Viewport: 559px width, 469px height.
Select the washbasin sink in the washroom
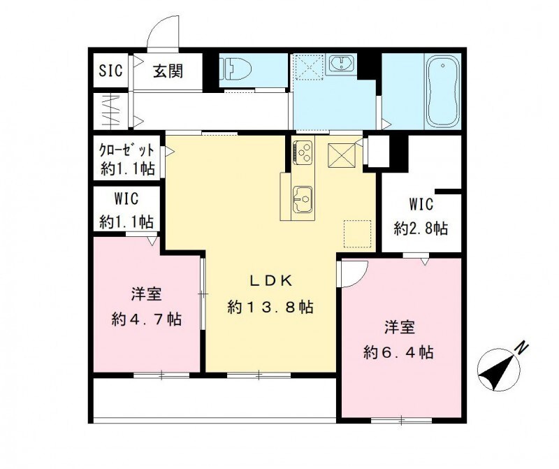[x=341, y=64]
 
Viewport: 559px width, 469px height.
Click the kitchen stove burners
[x=303, y=152]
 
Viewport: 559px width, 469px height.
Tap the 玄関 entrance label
[x=168, y=71]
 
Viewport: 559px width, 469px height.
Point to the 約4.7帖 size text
[x=147, y=319]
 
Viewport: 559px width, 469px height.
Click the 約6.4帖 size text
[x=398, y=352]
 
